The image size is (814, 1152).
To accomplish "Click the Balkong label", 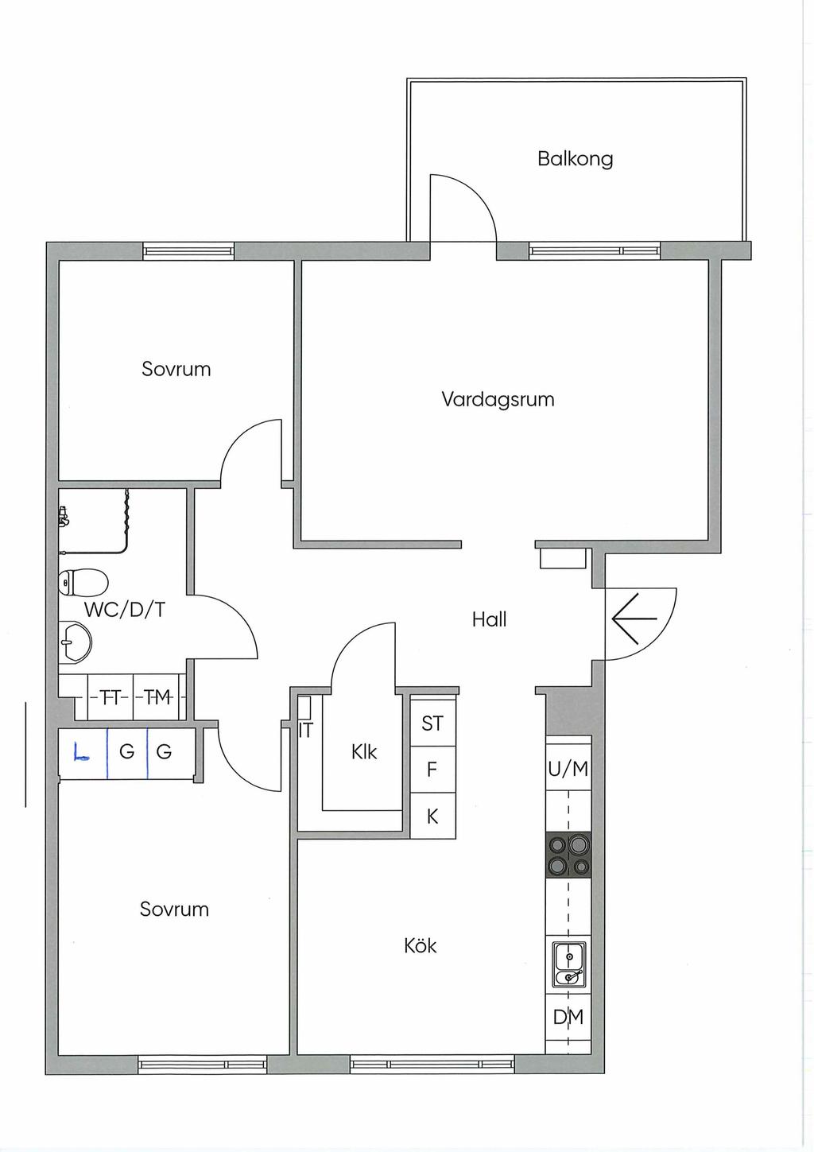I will [x=575, y=159].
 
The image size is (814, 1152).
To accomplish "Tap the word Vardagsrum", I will [x=498, y=399].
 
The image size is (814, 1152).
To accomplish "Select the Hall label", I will [x=489, y=619].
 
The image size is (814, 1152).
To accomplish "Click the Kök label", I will [x=421, y=945].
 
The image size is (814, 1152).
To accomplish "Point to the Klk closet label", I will [x=364, y=751].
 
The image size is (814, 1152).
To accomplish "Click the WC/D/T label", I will [x=125, y=610].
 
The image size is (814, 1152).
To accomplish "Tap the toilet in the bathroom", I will [x=83, y=582].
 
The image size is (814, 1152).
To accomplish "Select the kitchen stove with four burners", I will [x=568, y=855].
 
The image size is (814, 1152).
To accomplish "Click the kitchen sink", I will [x=568, y=965].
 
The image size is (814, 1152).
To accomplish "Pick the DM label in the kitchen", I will [x=568, y=1017].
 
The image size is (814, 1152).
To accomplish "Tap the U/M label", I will [x=568, y=769].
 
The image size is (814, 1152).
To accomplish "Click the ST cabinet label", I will [x=432, y=723].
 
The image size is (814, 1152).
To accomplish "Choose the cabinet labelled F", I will [x=432, y=770].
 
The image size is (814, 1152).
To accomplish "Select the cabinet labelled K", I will [x=432, y=816].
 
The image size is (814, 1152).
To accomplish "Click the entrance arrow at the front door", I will [x=634, y=619].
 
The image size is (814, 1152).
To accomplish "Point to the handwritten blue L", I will [x=80, y=751].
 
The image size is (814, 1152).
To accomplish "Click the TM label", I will [x=157, y=697].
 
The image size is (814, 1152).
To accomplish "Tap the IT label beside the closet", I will [x=306, y=730].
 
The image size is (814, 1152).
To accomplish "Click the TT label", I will [x=110, y=697].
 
